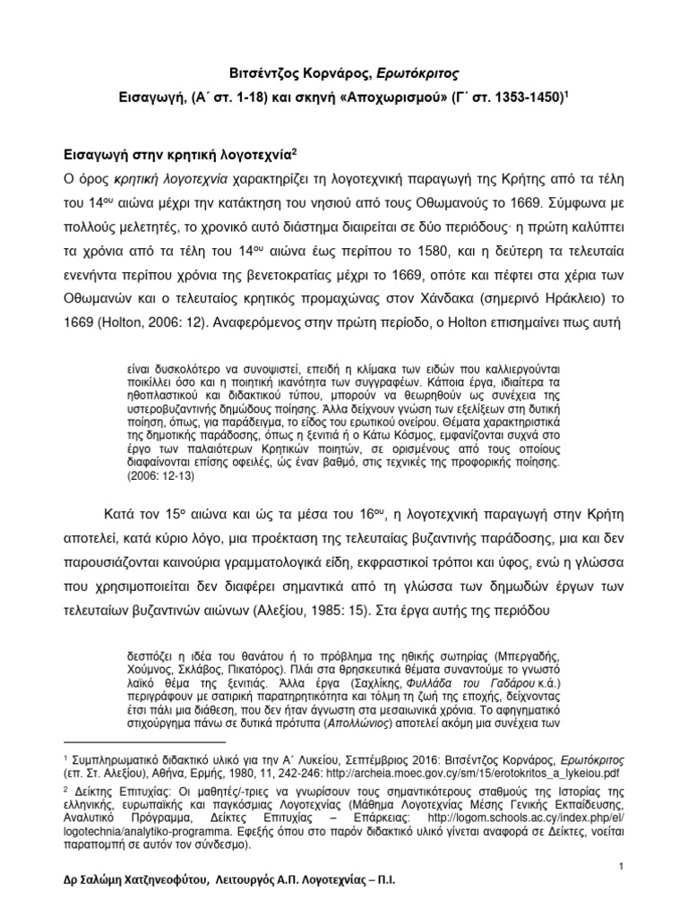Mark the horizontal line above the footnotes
(x=146, y=741)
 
